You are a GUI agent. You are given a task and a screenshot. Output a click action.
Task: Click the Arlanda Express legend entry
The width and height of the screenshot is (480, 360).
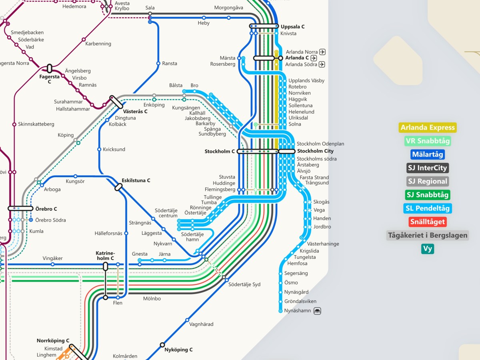click(x=428, y=128)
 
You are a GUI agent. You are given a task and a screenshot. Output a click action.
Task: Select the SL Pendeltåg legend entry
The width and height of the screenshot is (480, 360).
click(x=428, y=208)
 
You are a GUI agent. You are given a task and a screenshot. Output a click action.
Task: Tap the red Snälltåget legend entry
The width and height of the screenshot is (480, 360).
click(x=428, y=222)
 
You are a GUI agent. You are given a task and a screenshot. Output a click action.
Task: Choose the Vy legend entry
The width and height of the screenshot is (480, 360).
click(x=428, y=248)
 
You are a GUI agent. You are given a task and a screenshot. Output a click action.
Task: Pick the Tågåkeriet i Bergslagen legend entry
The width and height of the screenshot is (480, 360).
click(x=428, y=235)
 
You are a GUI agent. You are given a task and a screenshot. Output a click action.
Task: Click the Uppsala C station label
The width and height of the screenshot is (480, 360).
click(x=292, y=27)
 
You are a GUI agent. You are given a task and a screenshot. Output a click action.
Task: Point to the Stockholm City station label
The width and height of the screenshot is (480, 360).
click(x=315, y=151)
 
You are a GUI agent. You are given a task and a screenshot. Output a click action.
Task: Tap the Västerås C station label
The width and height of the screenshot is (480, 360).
click(x=135, y=111)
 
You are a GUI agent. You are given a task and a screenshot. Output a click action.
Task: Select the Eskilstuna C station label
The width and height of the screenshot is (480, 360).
click(x=136, y=180)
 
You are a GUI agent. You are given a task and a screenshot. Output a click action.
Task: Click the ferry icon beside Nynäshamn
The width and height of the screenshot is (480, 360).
click(x=317, y=311)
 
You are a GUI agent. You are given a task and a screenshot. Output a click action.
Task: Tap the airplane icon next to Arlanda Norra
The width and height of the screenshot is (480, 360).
click(x=322, y=52)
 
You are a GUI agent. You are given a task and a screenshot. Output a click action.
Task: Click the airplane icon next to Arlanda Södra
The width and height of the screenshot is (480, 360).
click(x=322, y=64)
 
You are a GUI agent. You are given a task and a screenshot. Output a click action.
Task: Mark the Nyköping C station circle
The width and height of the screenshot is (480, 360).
click(x=162, y=345)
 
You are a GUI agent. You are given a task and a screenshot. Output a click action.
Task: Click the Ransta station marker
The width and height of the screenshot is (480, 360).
click(x=158, y=64)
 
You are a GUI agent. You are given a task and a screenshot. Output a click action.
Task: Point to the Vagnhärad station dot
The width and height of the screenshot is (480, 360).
click(x=187, y=320)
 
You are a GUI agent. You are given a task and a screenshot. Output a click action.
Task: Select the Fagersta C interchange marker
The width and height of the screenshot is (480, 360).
click(x=50, y=68)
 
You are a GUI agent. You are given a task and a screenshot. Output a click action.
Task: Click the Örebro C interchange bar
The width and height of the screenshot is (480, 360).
click(x=20, y=208)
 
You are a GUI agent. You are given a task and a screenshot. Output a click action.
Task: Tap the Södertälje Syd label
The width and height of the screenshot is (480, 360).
click(x=244, y=284)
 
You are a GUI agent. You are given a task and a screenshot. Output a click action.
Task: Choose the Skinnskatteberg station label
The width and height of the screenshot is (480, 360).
click(x=36, y=124)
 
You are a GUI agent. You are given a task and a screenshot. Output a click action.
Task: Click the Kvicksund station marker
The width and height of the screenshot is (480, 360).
click(x=99, y=149)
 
